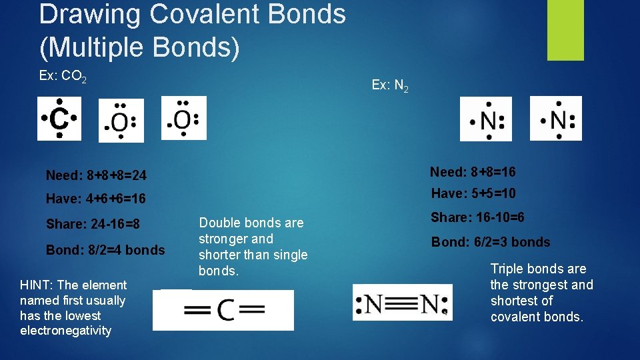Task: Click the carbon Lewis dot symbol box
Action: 59,119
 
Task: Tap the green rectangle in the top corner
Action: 565,29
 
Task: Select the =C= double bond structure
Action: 223,310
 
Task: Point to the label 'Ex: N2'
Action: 390,85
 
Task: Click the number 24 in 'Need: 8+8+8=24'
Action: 137,175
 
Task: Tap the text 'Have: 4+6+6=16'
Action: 95,199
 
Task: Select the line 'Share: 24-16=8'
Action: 93,224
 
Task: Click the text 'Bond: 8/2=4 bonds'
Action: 105,250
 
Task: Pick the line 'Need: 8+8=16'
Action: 473,172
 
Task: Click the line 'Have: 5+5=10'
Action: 473,194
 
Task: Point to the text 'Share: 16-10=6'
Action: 477,217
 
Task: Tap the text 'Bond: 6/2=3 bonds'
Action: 491,242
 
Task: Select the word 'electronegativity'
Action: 66,331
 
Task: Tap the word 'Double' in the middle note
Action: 221,223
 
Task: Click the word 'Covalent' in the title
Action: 203,14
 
